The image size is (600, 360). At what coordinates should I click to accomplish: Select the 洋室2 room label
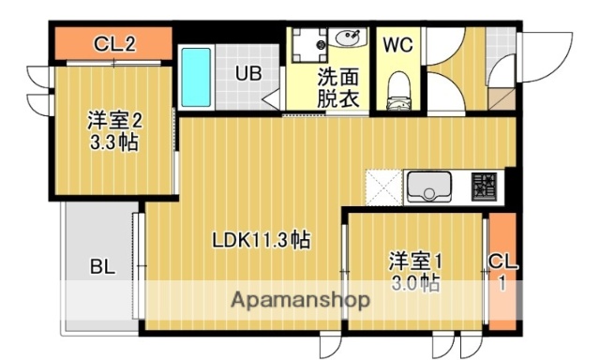(x=115, y=122)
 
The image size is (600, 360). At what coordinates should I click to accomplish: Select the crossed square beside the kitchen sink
(x=382, y=186)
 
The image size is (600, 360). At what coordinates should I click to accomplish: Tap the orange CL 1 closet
(x=502, y=272)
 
